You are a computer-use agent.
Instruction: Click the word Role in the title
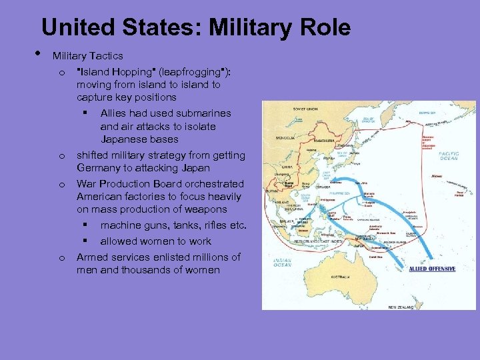pos(323,28)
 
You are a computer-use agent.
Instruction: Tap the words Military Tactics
pos(88,55)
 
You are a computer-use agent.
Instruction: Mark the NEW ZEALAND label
pos(401,307)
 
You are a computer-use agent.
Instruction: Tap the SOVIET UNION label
pos(305,109)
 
